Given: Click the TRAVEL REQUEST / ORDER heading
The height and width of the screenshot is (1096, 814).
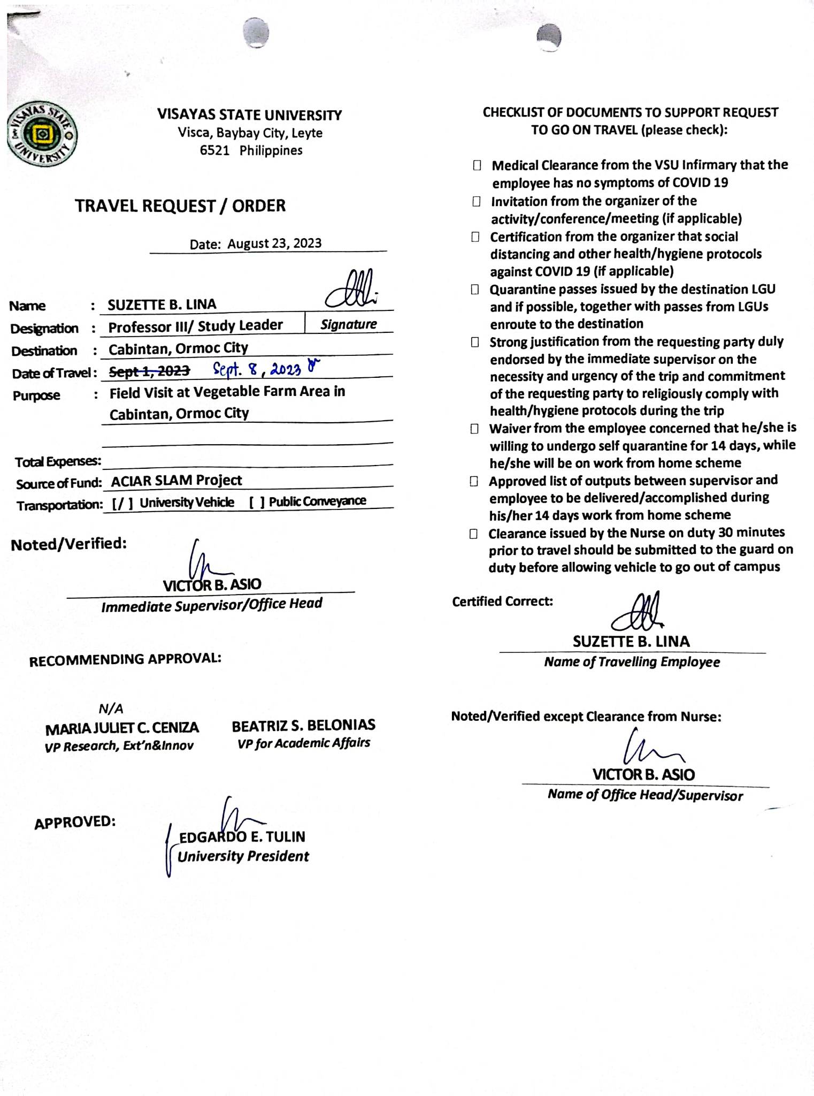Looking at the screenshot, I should pos(180,206).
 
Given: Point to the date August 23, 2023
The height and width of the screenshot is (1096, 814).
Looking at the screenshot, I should pos(274,243).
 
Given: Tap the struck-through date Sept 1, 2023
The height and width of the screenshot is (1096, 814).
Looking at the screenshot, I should pos(149,371).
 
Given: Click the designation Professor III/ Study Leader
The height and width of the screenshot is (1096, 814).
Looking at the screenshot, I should pos(195,326).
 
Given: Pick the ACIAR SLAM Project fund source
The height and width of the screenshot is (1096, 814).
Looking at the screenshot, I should pos(176,481).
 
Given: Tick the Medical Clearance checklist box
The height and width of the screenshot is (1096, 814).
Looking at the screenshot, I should pos(477,166).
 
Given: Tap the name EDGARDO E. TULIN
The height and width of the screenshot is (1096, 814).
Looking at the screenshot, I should pos(242,836).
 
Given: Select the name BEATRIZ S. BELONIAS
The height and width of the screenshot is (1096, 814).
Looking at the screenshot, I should pos(303,725).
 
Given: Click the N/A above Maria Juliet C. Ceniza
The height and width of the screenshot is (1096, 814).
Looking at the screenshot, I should pos(111,709).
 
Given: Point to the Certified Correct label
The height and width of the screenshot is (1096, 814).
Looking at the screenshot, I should pos(502,602).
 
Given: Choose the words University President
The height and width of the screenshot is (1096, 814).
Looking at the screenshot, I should pos(243,857).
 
